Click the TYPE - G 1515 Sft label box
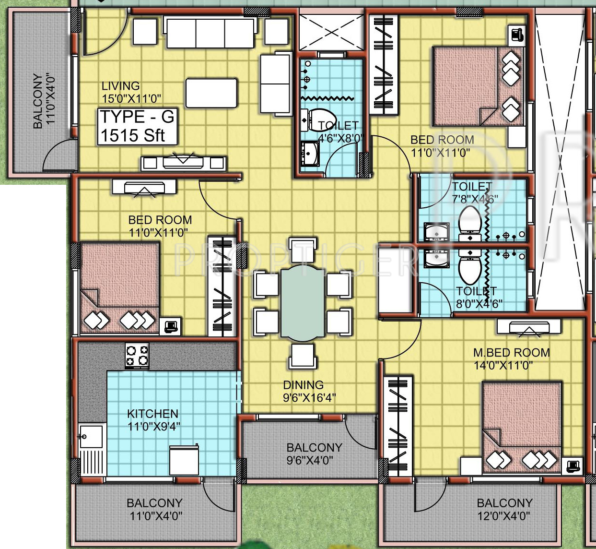138,126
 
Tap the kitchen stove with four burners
137,356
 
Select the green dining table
303,303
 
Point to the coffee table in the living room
211,93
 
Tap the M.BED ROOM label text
511,352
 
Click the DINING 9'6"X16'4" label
309,391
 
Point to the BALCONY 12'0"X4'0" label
504,509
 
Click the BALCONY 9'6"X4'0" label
314,454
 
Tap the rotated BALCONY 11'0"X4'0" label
44,101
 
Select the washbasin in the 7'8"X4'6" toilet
436,232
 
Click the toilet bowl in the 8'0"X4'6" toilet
470,267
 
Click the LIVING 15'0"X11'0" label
131,92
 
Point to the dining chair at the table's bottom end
303,356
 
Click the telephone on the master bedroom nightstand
573,466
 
